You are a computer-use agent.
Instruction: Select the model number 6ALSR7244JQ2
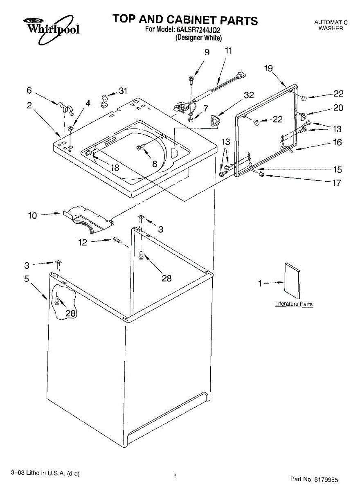199,29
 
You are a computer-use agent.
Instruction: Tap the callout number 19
268,68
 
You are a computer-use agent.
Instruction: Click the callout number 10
33,215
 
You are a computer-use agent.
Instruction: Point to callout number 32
249,95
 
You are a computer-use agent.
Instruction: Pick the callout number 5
27,279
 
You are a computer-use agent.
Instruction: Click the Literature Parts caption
294,304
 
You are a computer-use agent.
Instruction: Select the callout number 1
260,283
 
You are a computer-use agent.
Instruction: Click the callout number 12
83,242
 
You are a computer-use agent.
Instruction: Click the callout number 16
337,143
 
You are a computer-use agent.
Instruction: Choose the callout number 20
338,108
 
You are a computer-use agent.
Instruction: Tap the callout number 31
123,91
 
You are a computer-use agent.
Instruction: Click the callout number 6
29,90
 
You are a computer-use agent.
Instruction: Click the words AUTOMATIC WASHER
331,25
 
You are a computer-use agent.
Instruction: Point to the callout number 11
228,51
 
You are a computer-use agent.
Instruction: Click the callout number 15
337,169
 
